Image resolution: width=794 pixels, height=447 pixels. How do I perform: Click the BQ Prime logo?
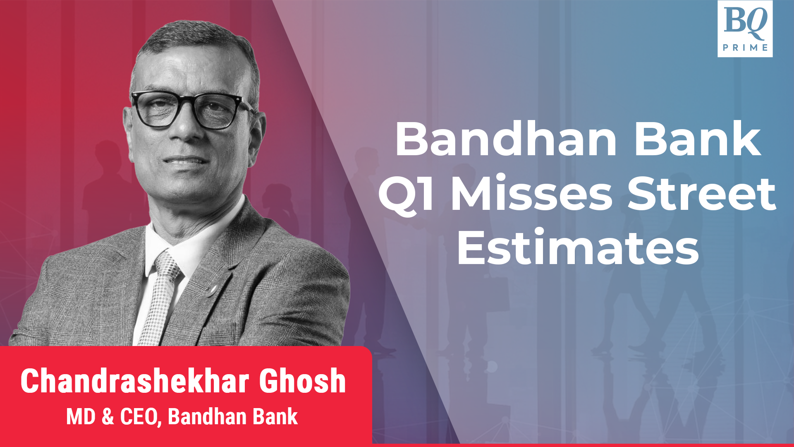(745, 29)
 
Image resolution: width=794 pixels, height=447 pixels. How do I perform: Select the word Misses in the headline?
(531, 193)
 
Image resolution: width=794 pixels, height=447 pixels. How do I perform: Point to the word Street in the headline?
(701, 193)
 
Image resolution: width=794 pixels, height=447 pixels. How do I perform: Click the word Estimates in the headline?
(578, 248)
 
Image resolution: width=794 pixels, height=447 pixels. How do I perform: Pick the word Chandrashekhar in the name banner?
(135, 381)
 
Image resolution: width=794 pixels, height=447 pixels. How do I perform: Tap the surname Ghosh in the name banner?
(302, 381)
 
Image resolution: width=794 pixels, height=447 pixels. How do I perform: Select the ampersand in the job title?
(108, 417)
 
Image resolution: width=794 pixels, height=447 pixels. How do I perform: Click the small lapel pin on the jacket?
(213, 288)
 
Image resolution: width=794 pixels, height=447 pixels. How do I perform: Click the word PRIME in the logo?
(745, 48)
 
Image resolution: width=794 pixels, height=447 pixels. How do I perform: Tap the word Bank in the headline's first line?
(698, 139)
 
